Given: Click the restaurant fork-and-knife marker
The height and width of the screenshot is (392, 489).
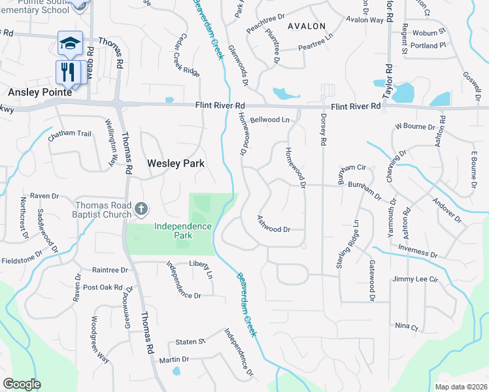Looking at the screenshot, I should tap(69, 71).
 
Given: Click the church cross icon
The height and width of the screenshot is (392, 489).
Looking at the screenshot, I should tap(141, 210).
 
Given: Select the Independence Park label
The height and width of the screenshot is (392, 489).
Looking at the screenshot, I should tap(183, 231).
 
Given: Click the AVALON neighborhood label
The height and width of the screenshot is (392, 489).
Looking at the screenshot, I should tap(306, 26).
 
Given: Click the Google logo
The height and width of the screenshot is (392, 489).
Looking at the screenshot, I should tap(22, 384).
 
